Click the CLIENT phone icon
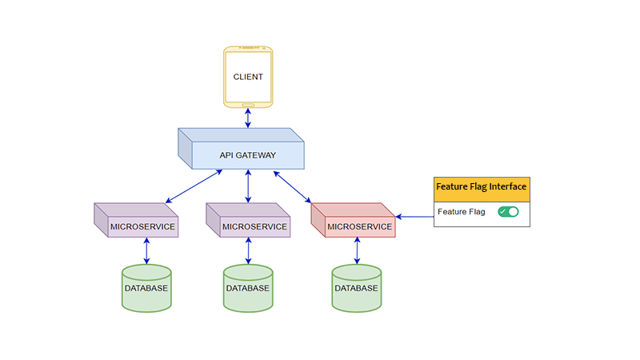(x=248, y=77)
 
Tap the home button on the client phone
(x=248, y=103)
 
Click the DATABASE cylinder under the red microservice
(x=357, y=289)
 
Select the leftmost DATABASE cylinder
(x=146, y=289)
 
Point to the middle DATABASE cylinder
(x=248, y=289)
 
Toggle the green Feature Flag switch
(x=508, y=212)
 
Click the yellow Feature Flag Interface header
(x=482, y=187)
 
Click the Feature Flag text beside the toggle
(x=462, y=212)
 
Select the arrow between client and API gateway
(x=248, y=118)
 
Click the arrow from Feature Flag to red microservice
(x=415, y=216)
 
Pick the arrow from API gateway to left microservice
(x=192, y=186)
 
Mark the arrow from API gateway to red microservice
(x=293, y=186)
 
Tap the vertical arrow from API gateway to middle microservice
(x=248, y=186)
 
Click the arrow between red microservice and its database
(x=357, y=251)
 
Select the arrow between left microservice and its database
(x=146, y=251)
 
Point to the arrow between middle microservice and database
(x=248, y=251)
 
